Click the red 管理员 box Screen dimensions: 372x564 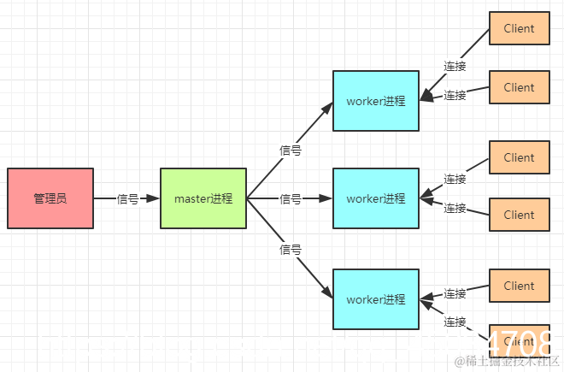tap(50, 198)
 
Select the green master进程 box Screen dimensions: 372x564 tap(203, 198)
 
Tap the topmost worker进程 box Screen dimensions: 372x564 tap(376, 101)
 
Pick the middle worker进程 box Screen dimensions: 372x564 tap(376, 198)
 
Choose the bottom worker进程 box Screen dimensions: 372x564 tap(376, 299)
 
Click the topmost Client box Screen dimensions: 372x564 tap(519, 28)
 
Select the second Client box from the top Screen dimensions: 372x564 tap(519, 87)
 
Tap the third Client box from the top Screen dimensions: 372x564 tap(519, 157)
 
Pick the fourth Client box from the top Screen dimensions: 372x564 tap(519, 215)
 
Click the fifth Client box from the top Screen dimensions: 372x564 tap(519, 286)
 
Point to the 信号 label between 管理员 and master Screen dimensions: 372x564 tap(127, 199)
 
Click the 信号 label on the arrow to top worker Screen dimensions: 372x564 tap(291, 150)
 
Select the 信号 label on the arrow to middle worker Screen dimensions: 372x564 tap(291, 199)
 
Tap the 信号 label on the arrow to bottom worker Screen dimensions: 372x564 tap(291, 250)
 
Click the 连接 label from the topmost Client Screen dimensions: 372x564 tap(455, 66)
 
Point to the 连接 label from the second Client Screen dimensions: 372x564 tap(455, 96)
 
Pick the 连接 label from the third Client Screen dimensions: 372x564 tap(455, 180)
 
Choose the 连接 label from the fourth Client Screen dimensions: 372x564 tap(455, 208)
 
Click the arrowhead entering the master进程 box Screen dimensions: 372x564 tap(154, 198)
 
